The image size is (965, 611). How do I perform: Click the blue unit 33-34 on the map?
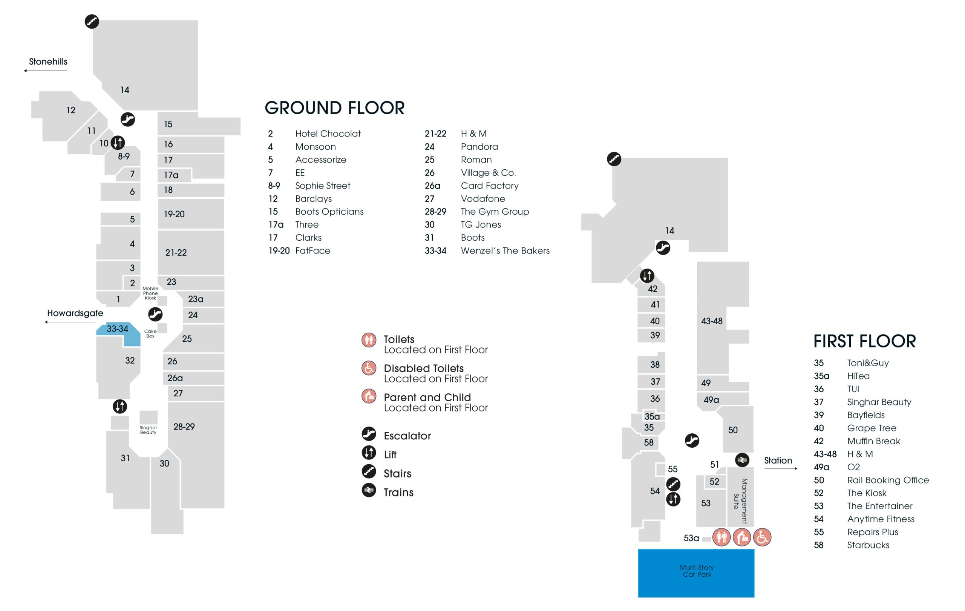[120, 333]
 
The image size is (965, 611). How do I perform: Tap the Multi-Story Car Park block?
[696, 573]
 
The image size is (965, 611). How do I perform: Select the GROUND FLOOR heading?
[335, 108]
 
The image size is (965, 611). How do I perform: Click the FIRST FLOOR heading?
[864, 341]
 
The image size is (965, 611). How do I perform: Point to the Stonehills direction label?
[48, 62]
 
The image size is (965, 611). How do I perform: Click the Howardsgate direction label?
[75, 313]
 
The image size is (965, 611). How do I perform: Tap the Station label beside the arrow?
[778, 460]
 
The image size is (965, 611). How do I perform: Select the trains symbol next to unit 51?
[742, 460]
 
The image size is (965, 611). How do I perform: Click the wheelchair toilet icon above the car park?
[762, 537]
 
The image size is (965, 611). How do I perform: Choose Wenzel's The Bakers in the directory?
[505, 250]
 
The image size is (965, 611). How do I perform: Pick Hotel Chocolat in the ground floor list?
[328, 134]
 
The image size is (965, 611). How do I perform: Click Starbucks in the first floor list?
[868, 545]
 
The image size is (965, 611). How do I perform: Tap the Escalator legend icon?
[369, 434]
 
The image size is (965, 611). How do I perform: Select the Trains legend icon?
[369, 490]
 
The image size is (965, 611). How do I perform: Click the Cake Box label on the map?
[150, 333]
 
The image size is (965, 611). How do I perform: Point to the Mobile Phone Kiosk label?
[150, 293]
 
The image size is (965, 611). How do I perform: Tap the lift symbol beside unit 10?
[117, 142]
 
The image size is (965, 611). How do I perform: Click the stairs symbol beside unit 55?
[673, 484]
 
